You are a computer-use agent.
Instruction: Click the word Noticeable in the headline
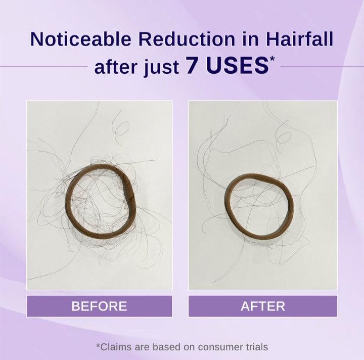click(80, 39)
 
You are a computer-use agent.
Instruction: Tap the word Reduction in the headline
click(187, 39)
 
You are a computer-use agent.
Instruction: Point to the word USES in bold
click(237, 66)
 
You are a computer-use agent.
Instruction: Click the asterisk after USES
click(272, 59)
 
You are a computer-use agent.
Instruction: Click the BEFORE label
click(99, 306)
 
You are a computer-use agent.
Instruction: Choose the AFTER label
click(263, 306)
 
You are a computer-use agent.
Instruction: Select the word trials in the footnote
click(257, 347)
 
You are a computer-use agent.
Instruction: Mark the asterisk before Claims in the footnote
click(98, 345)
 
